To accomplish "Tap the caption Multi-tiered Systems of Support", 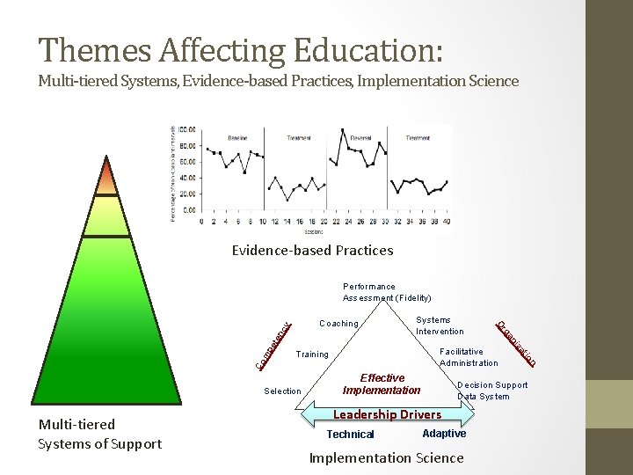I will [99, 434].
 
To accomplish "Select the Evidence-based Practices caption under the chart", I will [312, 250].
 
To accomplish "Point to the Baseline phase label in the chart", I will [237, 137].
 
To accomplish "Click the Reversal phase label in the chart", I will [360, 137].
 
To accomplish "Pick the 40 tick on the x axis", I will [447, 222].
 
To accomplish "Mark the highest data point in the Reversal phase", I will [342, 130].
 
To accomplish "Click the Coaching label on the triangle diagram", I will [338, 324].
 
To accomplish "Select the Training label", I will [312, 354].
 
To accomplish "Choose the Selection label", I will [282, 391].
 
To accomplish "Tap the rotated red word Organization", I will [516, 343].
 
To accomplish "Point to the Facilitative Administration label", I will [469, 357].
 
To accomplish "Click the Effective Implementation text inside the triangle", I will [382, 384].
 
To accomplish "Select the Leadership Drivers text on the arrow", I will [388, 414].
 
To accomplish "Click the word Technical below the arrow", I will [350, 435].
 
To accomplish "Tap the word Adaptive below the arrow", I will [444, 434].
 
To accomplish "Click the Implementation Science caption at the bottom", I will [386, 457].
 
